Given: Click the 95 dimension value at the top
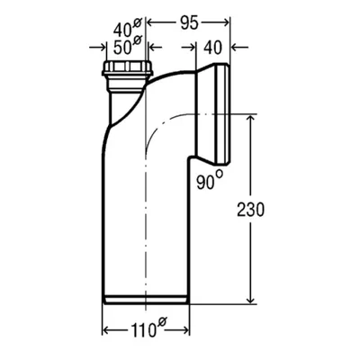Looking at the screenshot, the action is (190, 22).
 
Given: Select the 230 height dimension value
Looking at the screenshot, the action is (251, 210).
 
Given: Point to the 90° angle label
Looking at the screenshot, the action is (206, 182).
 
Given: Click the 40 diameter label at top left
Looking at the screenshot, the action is (123, 30).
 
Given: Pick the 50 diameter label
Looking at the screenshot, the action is (123, 48).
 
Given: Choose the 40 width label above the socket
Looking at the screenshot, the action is (212, 48).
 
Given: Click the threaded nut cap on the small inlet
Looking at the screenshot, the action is (127, 68).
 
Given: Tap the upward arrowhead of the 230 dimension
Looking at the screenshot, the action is (250, 119).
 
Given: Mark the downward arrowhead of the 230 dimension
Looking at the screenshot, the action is (250, 299).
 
